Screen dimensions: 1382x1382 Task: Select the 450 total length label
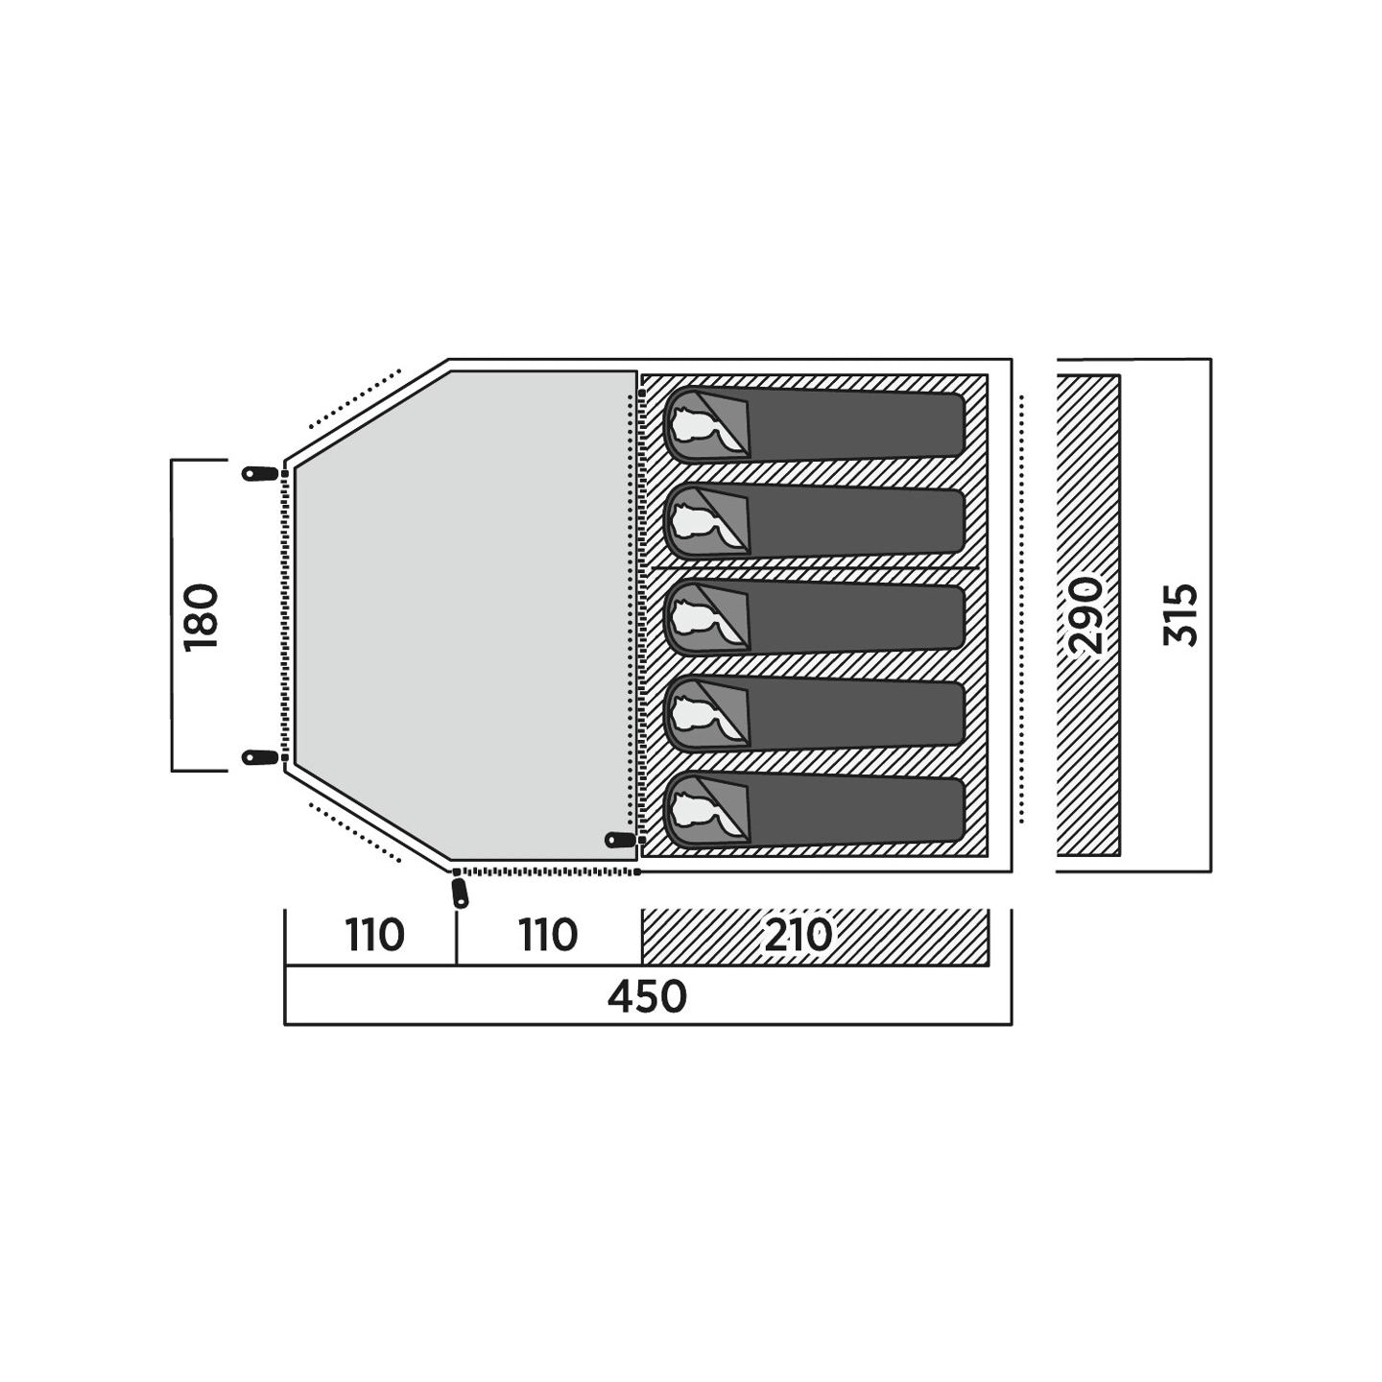click(x=647, y=997)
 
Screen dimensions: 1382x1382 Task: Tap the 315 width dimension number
click(x=1179, y=615)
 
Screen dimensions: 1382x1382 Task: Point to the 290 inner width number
click(x=1085, y=615)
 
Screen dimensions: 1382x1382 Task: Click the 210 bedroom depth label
click(x=798, y=935)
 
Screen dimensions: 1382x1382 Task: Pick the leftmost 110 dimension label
click(x=374, y=935)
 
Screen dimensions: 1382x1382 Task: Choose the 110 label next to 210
click(x=547, y=935)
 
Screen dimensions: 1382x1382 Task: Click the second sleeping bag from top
click(x=814, y=521)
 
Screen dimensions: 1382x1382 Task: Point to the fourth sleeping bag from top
click(x=814, y=714)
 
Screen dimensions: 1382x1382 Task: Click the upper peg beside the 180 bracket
click(x=260, y=473)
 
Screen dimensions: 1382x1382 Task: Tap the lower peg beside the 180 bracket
click(x=260, y=756)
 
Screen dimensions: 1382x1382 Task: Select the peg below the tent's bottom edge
click(x=460, y=893)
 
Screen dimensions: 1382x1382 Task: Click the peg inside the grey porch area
click(x=621, y=839)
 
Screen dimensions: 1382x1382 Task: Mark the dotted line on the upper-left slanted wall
click(x=353, y=398)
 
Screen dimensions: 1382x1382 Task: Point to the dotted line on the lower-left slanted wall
click(x=353, y=832)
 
